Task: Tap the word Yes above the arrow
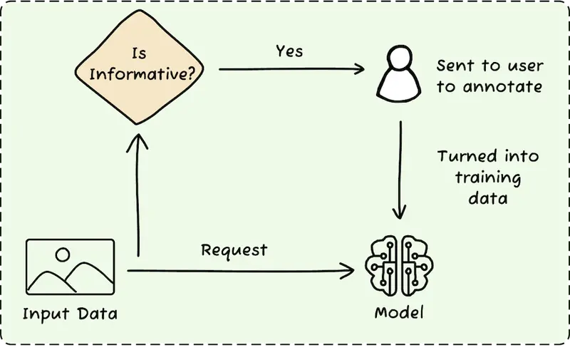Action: click(x=289, y=51)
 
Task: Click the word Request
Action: click(x=234, y=250)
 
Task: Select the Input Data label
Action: click(x=70, y=313)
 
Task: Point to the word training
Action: click(x=487, y=178)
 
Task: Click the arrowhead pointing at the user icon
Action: click(x=358, y=70)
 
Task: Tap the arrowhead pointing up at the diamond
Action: click(x=137, y=142)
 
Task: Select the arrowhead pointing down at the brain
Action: click(x=400, y=212)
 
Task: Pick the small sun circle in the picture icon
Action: click(x=63, y=253)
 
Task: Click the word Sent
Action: click(x=453, y=67)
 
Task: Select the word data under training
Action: click(x=487, y=198)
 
